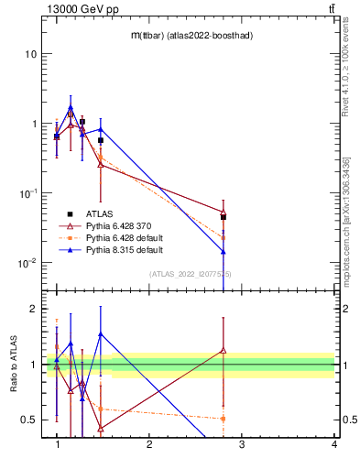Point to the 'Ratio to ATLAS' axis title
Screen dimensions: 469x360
coord(14,366)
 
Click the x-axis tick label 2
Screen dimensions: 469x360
coord(149,444)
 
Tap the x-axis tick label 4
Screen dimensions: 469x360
coord(333,444)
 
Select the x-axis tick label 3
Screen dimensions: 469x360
coord(242,444)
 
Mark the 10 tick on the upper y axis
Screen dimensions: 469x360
coord(30,54)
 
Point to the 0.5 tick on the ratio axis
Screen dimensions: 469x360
coord(29,420)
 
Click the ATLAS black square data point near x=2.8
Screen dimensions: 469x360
coord(224,217)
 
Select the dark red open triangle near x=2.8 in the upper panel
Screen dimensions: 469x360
coord(224,212)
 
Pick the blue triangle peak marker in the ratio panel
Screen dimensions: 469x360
coord(100,334)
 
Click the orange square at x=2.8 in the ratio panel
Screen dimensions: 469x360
coord(224,419)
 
